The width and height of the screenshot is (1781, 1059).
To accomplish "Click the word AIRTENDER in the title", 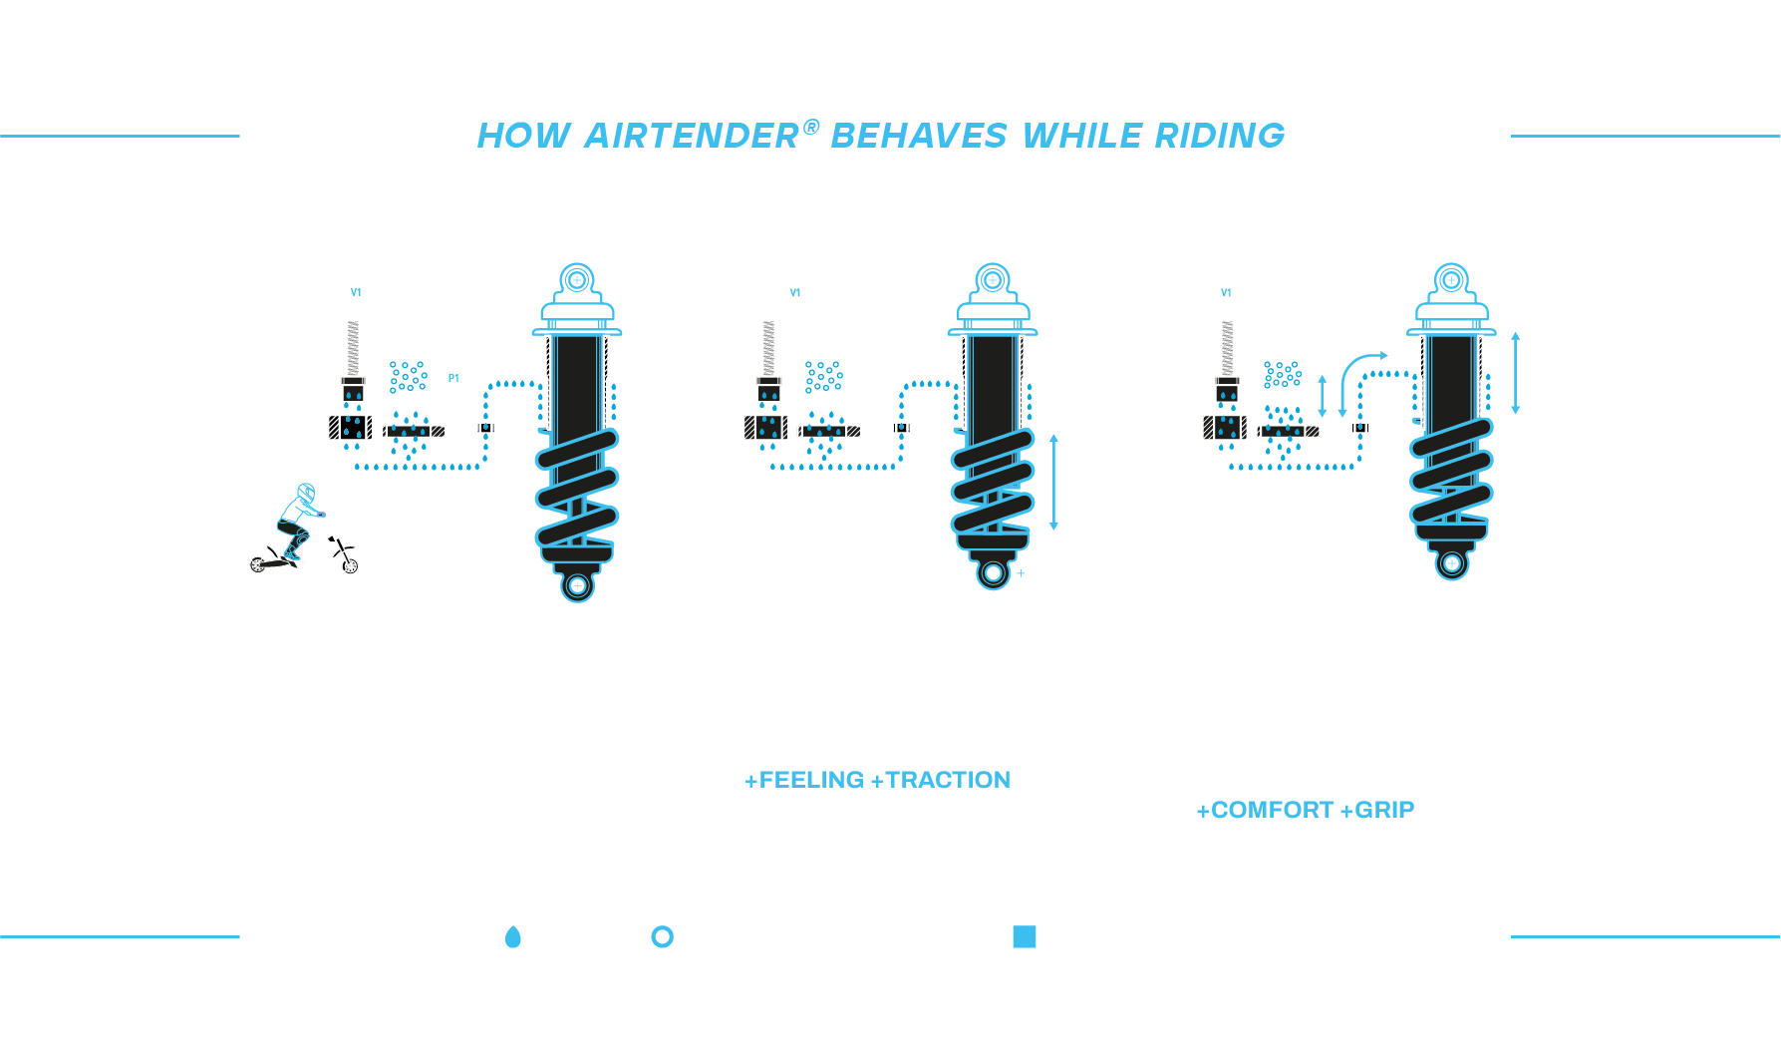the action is (x=692, y=136).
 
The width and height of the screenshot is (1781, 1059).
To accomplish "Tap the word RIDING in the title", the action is (x=1220, y=136).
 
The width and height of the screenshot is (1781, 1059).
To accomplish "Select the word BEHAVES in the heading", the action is (x=919, y=136).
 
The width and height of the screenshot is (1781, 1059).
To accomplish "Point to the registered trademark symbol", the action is (x=811, y=127).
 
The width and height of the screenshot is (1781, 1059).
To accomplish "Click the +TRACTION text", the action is (x=941, y=780).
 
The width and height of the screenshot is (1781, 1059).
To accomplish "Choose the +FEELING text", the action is (x=804, y=780).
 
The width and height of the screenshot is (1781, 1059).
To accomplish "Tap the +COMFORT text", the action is (x=1265, y=810).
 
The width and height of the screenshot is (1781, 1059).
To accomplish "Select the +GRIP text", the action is (x=1377, y=810).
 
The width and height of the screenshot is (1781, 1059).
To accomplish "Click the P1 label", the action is (x=453, y=379).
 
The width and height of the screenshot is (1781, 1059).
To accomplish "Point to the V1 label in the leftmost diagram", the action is (x=356, y=293).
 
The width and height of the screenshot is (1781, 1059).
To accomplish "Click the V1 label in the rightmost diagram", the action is (x=1226, y=293).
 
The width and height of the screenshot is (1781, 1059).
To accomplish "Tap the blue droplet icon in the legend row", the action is (x=513, y=936).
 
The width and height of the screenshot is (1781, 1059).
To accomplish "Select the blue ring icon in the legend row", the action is (x=662, y=936).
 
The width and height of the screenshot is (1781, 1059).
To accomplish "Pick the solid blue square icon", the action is (x=1025, y=936).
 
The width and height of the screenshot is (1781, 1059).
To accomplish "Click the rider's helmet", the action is (x=306, y=493).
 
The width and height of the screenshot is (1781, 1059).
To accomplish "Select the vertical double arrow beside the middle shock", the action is (x=1053, y=482).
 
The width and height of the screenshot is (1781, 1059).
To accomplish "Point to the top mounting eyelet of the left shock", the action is (x=577, y=280).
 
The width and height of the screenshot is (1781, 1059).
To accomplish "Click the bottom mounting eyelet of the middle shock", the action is (x=993, y=572).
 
